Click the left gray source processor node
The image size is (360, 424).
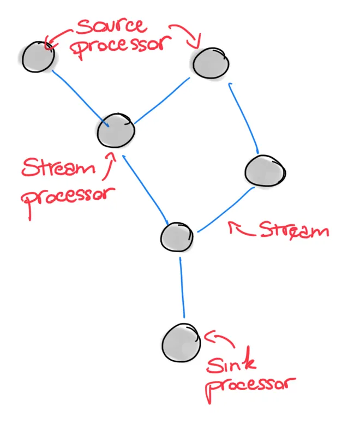pyautogui.click(x=38, y=57)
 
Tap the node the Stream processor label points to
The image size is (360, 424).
pyautogui.click(x=115, y=130)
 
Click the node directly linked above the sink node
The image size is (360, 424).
pyautogui.click(x=177, y=237)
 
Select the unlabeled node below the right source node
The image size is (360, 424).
pyautogui.click(x=265, y=171)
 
